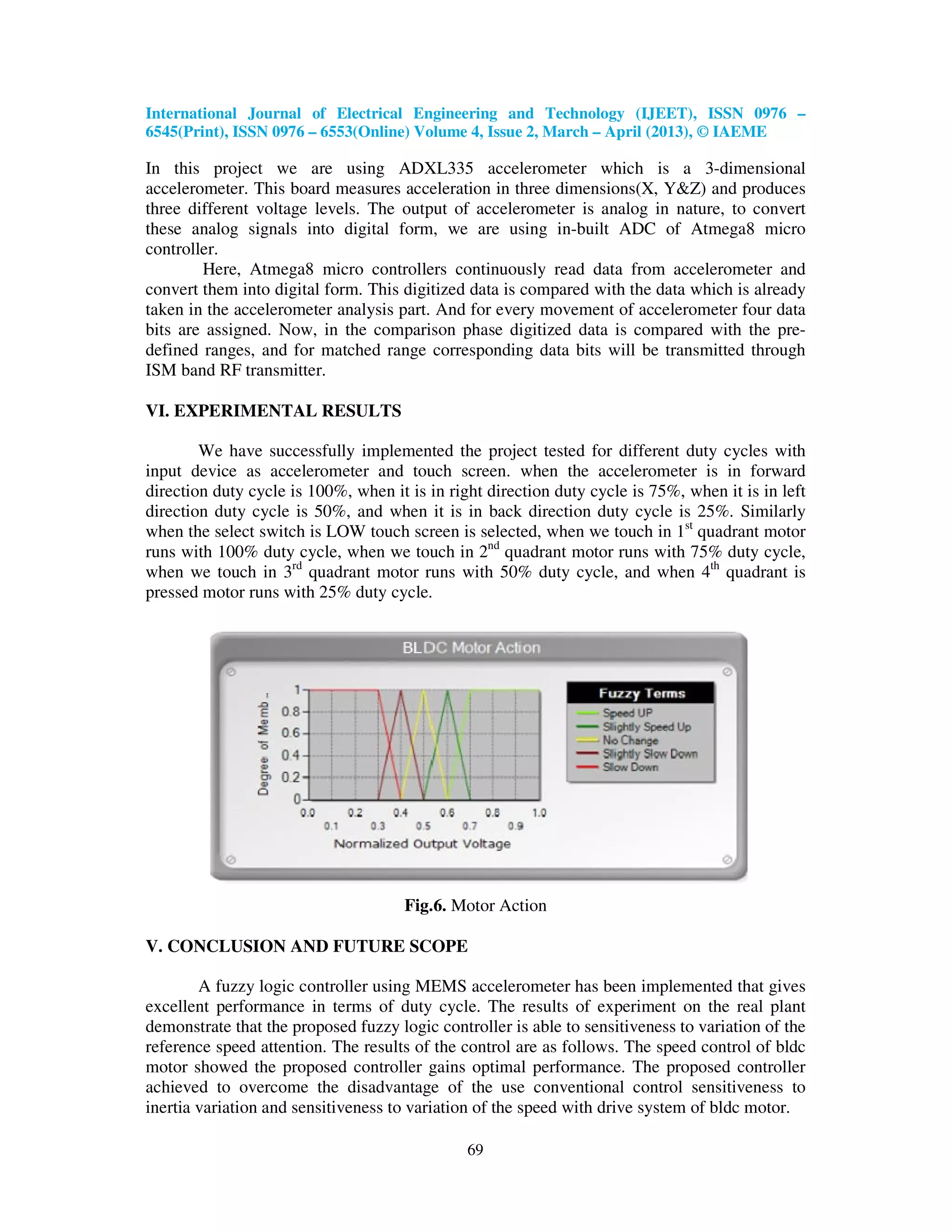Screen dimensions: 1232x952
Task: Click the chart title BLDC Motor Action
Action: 471,648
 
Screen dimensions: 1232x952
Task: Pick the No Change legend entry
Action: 630,740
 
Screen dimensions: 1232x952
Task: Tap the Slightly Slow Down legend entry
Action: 650,754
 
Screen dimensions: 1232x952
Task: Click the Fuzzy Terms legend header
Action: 641,693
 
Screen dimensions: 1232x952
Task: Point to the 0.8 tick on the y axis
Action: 291,711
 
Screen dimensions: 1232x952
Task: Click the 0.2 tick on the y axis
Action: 291,777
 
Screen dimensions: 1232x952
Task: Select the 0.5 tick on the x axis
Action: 423,826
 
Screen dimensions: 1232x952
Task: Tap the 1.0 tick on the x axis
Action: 539,813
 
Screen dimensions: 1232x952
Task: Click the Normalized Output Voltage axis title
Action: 422,844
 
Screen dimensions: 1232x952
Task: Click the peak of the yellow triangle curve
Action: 424,690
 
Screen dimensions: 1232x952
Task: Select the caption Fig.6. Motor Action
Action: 475,905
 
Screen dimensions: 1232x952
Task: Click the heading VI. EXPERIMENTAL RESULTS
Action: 273,411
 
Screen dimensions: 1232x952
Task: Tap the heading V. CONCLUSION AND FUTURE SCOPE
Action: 306,946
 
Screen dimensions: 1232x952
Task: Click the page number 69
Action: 475,1150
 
